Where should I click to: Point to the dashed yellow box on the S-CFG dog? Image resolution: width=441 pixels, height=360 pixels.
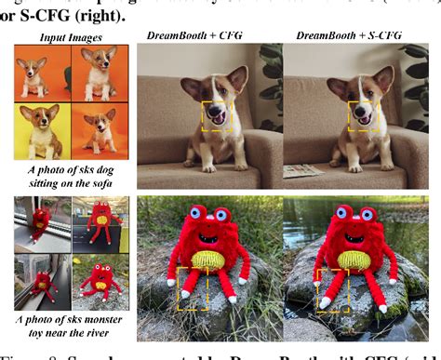(363, 117)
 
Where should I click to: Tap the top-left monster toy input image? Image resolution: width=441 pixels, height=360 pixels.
(39, 223)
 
